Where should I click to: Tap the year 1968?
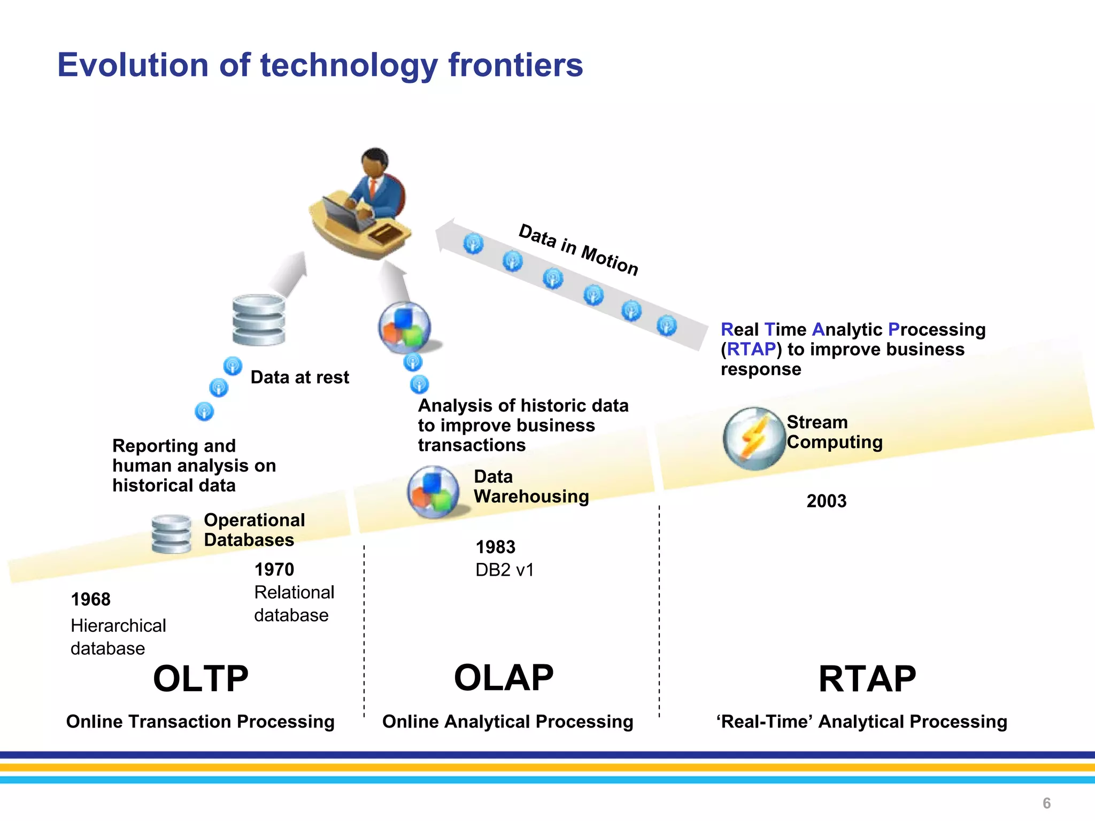pyautogui.click(x=90, y=599)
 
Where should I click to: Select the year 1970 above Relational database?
pyautogui.click(x=274, y=569)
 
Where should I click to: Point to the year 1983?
pyautogui.click(x=495, y=547)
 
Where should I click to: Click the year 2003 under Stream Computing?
pyautogui.click(x=826, y=501)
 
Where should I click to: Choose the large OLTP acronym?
pyautogui.click(x=201, y=679)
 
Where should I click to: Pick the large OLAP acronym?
pyautogui.click(x=503, y=678)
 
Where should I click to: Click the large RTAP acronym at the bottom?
pyautogui.click(x=867, y=679)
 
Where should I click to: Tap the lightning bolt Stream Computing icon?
pyautogui.click(x=753, y=439)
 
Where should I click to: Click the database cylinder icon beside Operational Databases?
pyautogui.click(x=171, y=533)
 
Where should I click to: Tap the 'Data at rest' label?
pyautogui.click(x=299, y=377)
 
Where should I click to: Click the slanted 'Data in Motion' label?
pyautogui.click(x=579, y=250)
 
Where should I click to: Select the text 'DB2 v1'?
pyautogui.click(x=504, y=570)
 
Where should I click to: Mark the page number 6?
pyautogui.click(x=1046, y=803)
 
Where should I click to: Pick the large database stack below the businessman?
pyautogui.click(x=259, y=320)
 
